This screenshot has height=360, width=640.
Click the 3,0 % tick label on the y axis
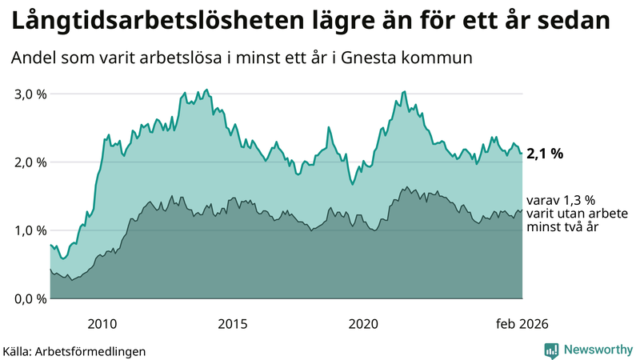[31, 94]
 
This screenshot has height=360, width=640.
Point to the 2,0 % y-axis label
[31, 162]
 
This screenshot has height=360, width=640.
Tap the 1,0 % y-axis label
[31, 230]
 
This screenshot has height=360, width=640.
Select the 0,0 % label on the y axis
[31, 298]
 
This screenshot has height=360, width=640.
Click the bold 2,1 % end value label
[545, 154]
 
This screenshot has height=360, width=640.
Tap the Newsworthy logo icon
[552, 350]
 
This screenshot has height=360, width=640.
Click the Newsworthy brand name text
[597, 350]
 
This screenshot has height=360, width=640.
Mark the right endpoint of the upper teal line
[522, 154]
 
